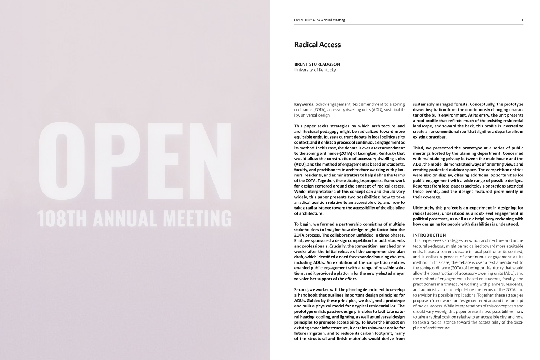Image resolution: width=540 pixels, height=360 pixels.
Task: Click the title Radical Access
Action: coord(317,45)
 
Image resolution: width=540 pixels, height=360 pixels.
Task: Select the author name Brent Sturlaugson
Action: coord(317,64)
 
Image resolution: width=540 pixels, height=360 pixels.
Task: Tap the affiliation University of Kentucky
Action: coord(315,70)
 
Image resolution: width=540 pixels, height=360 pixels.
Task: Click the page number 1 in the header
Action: coord(522,20)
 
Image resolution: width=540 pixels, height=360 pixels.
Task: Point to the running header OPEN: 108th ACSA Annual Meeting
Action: coord(319,20)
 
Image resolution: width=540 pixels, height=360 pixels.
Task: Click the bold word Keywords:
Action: coord(304,104)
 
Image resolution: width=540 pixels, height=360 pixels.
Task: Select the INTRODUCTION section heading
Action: coord(429,235)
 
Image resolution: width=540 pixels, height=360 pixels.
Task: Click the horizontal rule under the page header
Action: coord(409,24)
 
